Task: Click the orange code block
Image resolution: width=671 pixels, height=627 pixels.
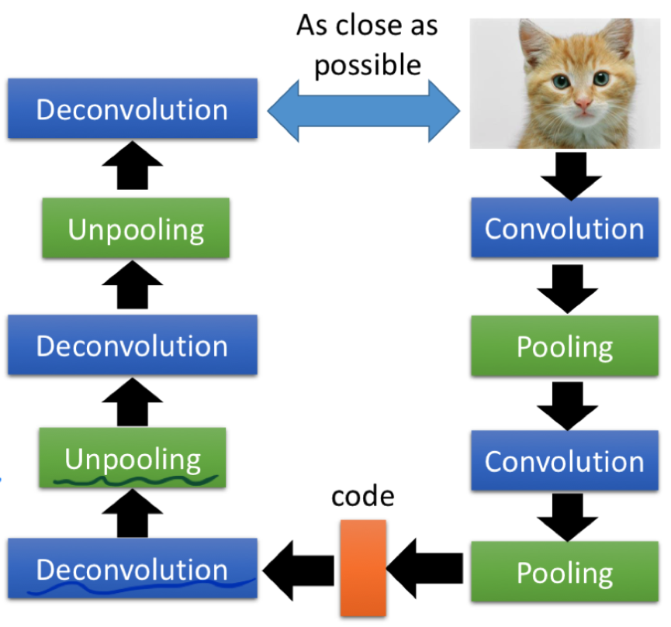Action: [363, 567]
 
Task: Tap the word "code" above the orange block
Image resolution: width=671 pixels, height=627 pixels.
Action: [363, 497]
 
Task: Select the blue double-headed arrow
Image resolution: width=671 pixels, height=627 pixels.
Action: [364, 112]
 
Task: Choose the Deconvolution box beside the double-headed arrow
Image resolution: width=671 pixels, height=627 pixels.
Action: [132, 109]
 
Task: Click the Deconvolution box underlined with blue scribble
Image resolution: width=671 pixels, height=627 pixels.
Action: [132, 570]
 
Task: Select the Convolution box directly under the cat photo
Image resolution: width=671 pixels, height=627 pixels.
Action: [564, 229]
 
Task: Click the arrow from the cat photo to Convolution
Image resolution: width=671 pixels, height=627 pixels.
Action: [571, 174]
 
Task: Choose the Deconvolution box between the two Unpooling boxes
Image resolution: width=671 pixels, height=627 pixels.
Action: [132, 346]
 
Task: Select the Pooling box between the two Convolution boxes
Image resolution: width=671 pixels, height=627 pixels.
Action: [564, 346]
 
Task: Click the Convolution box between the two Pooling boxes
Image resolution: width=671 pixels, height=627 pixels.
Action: [564, 461]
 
